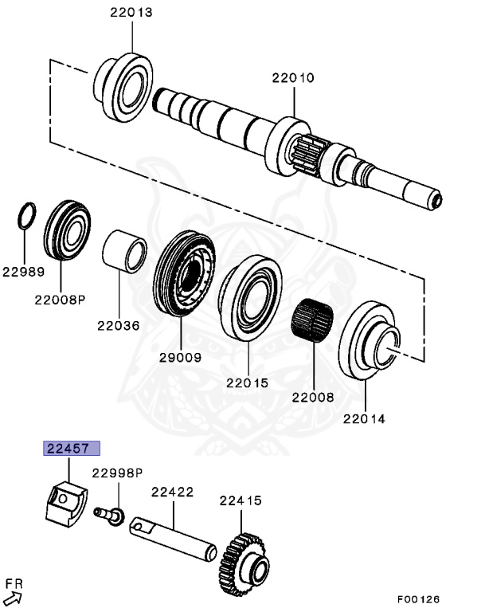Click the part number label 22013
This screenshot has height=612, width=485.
click(131, 14)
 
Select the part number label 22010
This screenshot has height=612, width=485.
click(292, 78)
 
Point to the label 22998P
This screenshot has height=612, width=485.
click(116, 473)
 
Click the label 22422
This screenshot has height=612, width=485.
click(173, 493)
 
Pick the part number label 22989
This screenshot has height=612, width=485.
click(22, 271)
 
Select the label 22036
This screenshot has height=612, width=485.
click(119, 325)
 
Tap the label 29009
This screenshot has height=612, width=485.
click(179, 359)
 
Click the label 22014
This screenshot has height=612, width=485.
click(364, 418)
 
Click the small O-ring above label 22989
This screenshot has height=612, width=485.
click(27, 215)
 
